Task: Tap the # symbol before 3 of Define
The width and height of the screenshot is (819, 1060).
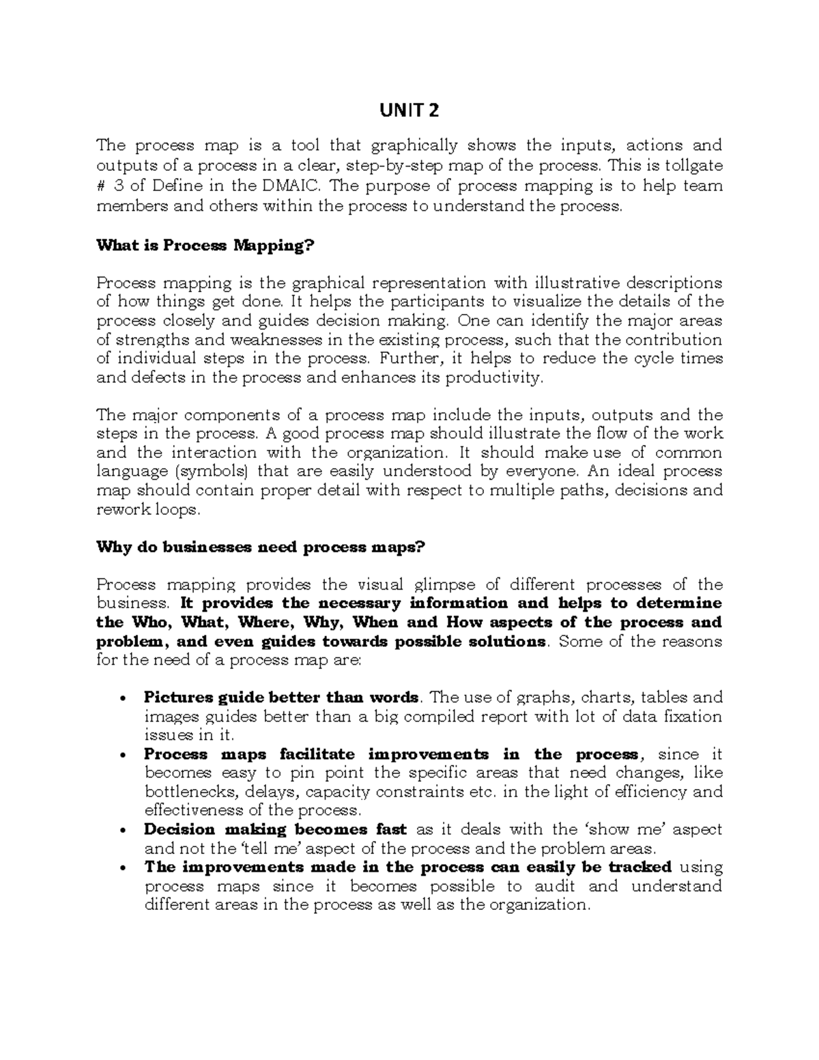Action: coord(102,186)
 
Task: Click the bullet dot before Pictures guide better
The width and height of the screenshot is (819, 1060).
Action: coord(122,699)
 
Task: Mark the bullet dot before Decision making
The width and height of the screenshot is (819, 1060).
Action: coord(122,831)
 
